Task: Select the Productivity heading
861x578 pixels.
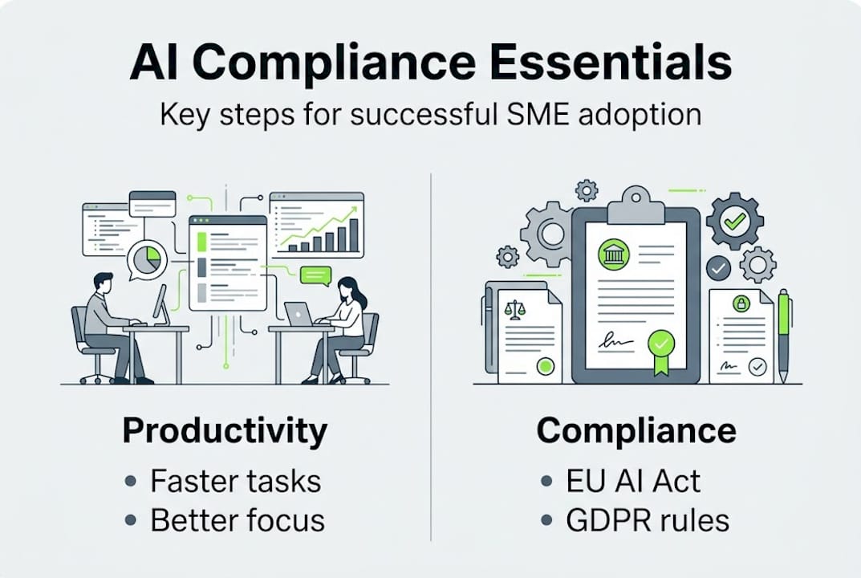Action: click(x=225, y=431)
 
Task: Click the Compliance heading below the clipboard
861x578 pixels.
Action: click(x=636, y=431)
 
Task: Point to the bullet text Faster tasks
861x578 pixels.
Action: click(x=235, y=482)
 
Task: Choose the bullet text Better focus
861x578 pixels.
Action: click(x=238, y=520)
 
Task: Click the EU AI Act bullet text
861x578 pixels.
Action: click(x=633, y=482)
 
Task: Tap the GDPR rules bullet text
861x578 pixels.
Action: click(x=648, y=520)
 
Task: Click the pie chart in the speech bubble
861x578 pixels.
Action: click(x=148, y=259)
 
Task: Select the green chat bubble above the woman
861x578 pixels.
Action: click(x=315, y=275)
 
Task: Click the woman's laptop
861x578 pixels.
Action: click(x=299, y=314)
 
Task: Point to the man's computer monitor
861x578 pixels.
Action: click(x=160, y=305)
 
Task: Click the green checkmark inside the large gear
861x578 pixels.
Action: click(x=733, y=221)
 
